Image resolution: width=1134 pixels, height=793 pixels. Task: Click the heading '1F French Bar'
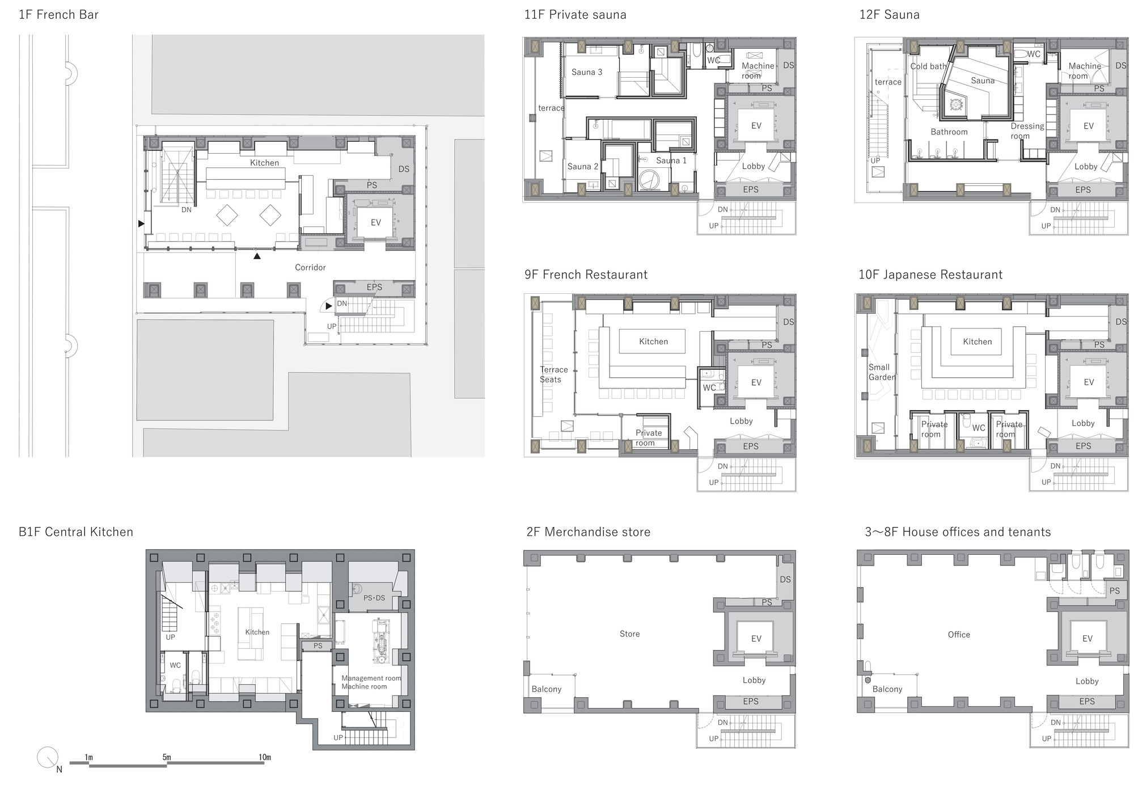pos(58,15)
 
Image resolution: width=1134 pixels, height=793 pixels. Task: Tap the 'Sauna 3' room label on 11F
pos(587,72)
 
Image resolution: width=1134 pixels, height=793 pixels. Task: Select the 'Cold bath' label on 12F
pos(928,66)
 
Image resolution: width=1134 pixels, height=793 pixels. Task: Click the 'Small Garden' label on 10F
pos(882,372)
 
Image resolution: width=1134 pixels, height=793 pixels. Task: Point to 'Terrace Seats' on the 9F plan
pos(553,374)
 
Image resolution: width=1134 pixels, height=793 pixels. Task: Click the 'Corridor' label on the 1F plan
pos(310,267)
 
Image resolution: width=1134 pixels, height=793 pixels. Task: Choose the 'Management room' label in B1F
pos(371,678)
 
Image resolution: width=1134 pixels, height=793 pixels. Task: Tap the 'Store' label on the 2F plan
pos(629,634)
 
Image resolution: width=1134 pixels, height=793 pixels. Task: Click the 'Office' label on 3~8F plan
pos(959,635)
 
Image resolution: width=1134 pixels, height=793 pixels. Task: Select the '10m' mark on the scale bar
pos(264,757)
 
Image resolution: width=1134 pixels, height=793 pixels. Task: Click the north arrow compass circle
pos(47,757)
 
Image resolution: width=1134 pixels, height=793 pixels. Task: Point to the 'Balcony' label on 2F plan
pos(547,689)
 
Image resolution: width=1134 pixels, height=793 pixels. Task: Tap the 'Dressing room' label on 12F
pos(1027,131)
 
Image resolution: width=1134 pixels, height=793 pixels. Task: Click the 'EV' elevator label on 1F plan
pos(376,223)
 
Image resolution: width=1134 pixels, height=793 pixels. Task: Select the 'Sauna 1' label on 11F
pos(671,161)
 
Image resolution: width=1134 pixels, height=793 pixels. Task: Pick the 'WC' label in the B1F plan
pos(175,665)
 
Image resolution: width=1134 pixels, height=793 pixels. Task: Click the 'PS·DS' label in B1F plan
pos(374,598)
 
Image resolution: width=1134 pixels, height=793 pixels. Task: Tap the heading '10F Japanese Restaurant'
pos(930,275)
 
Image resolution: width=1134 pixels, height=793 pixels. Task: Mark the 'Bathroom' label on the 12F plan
pos(949,132)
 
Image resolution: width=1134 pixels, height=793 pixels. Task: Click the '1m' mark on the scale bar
pos(89,757)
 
